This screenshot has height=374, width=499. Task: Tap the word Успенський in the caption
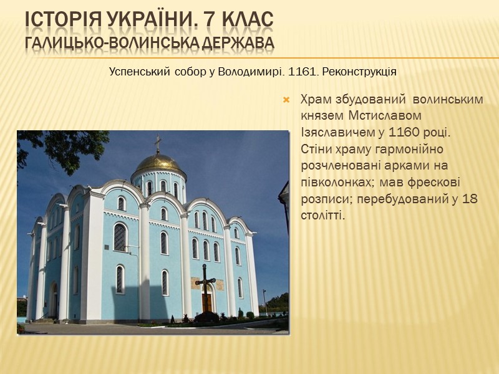(138, 71)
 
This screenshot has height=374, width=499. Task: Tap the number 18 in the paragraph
(475, 198)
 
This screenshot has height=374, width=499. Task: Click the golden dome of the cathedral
(158, 163)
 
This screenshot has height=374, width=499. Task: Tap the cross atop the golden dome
(158, 143)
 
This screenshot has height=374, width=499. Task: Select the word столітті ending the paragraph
(323, 214)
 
